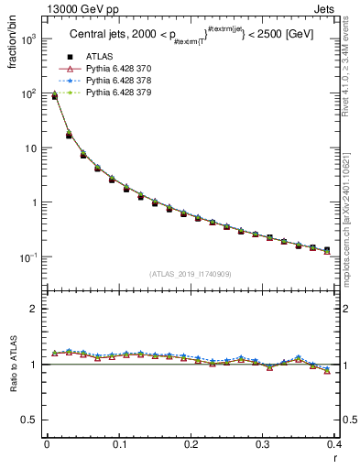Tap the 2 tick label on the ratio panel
click(34, 309)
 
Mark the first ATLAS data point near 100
click(54, 96)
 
